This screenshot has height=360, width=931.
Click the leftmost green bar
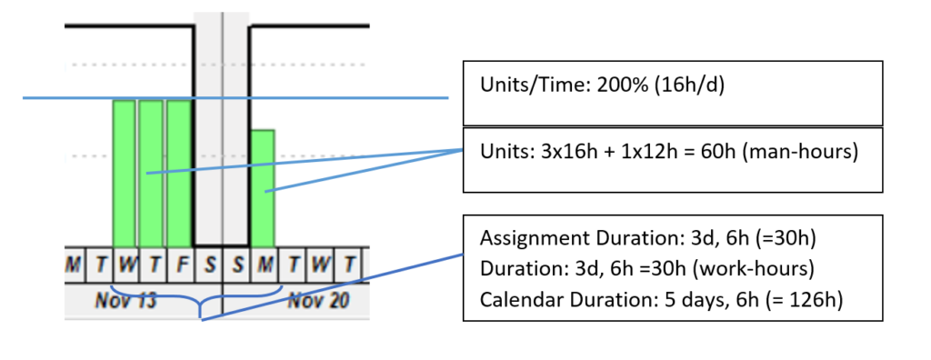point(124,172)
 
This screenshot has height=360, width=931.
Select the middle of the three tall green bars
point(151,172)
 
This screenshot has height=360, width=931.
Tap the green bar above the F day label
point(179,172)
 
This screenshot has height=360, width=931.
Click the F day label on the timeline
point(181,265)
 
